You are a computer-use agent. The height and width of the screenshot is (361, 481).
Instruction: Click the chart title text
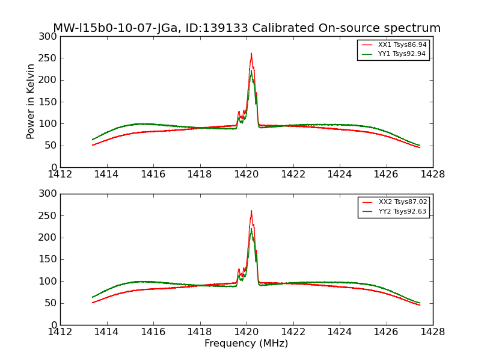click(x=247, y=28)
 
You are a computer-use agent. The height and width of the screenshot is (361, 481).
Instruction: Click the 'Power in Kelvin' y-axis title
click(x=31, y=101)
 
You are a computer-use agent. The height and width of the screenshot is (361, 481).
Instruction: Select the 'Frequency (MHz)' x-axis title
click(x=246, y=344)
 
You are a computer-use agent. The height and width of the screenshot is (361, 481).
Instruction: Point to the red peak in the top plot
click(x=251, y=54)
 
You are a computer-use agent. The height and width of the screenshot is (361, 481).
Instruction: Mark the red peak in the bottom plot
click(x=251, y=211)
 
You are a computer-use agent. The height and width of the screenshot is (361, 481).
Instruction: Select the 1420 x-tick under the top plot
click(x=246, y=174)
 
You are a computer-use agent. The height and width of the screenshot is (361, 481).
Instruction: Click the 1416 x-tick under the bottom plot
click(x=153, y=332)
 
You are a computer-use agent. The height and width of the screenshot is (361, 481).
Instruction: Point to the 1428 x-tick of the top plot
click(x=432, y=174)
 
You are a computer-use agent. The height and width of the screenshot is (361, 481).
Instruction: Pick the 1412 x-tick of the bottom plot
click(x=60, y=332)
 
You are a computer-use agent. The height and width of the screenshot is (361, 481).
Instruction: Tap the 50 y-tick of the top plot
click(x=52, y=146)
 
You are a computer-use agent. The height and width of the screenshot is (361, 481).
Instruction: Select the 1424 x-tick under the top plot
click(x=339, y=174)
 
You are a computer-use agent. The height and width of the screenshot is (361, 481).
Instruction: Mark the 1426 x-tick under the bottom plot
click(x=386, y=332)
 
